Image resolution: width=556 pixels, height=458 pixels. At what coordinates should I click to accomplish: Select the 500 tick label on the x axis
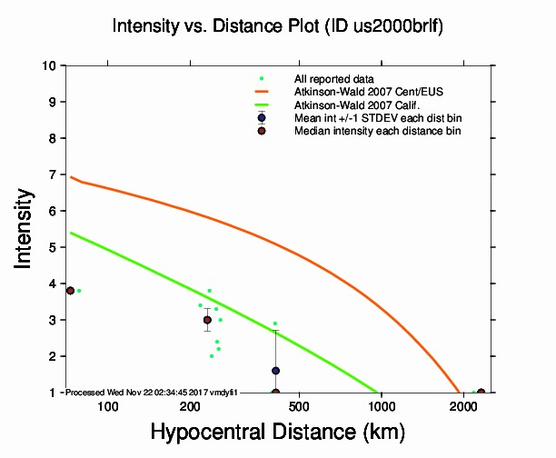tap(300, 404)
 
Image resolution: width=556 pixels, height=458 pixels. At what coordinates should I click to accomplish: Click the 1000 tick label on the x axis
tap(382, 404)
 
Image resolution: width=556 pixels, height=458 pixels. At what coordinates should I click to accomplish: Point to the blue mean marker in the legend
tap(262, 117)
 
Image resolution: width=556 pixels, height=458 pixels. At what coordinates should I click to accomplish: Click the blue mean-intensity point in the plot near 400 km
tap(275, 371)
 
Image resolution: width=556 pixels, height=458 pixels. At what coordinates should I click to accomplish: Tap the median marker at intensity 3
tap(207, 320)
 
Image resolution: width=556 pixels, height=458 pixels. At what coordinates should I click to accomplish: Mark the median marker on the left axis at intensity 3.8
tap(70, 290)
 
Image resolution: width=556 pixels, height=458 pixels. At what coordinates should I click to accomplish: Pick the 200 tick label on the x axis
tap(190, 404)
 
